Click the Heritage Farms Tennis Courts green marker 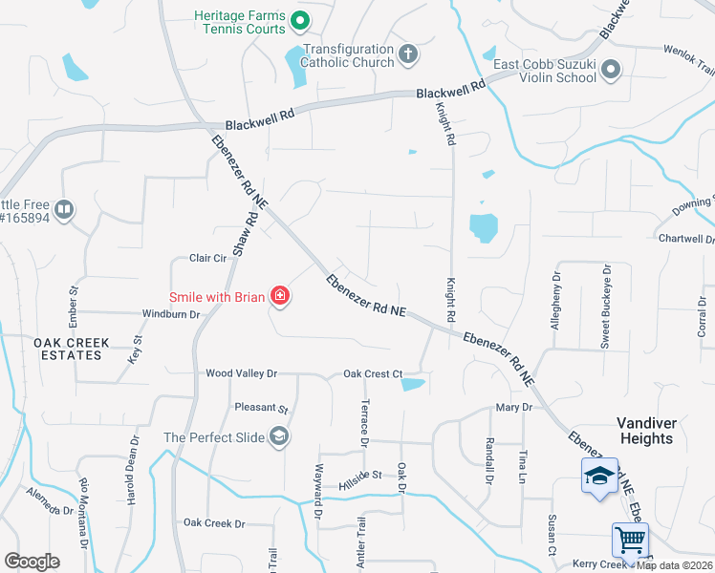299,18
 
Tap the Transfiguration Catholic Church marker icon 409,53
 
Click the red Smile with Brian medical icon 280,297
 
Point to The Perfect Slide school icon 279,437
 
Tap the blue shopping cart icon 631,540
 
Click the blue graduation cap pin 598,476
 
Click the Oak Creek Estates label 71,349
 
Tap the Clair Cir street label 207,258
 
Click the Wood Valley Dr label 241,373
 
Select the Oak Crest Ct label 373,373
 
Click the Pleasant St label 261,408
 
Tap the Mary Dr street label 513,407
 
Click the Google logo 32,562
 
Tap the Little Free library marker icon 64,209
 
